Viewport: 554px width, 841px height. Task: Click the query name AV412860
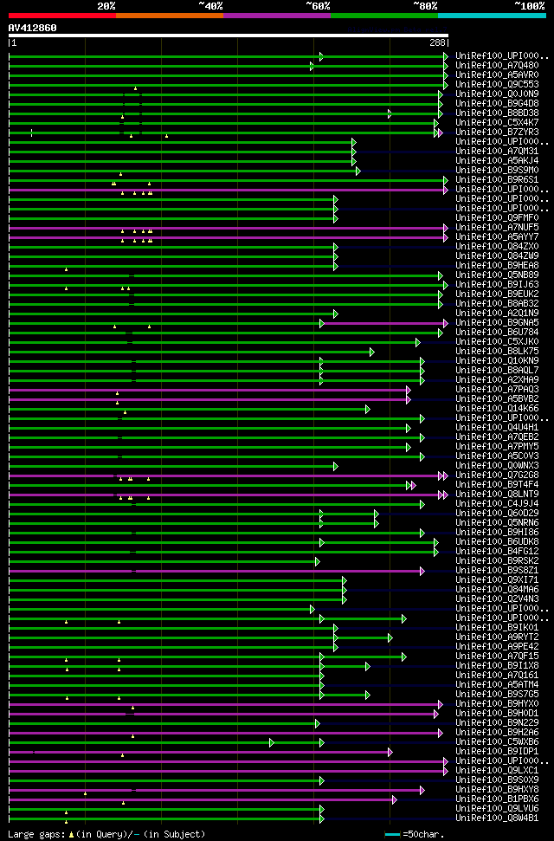[x=33, y=28]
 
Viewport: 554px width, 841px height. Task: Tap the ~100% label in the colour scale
[x=529, y=5]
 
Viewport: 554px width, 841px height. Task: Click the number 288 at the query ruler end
[x=437, y=42]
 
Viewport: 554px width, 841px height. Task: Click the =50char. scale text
[x=423, y=834]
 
